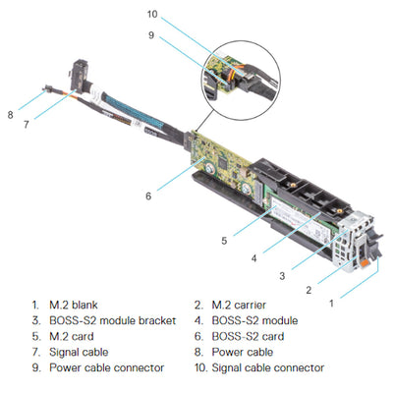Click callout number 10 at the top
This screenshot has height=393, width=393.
click(x=151, y=14)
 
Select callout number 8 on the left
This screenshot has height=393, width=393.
click(x=11, y=115)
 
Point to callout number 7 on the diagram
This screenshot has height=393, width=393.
click(x=27, y=123)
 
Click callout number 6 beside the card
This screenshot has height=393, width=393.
click(x=148, y=196)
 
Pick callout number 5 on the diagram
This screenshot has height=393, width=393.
click(x=224, y=239)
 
